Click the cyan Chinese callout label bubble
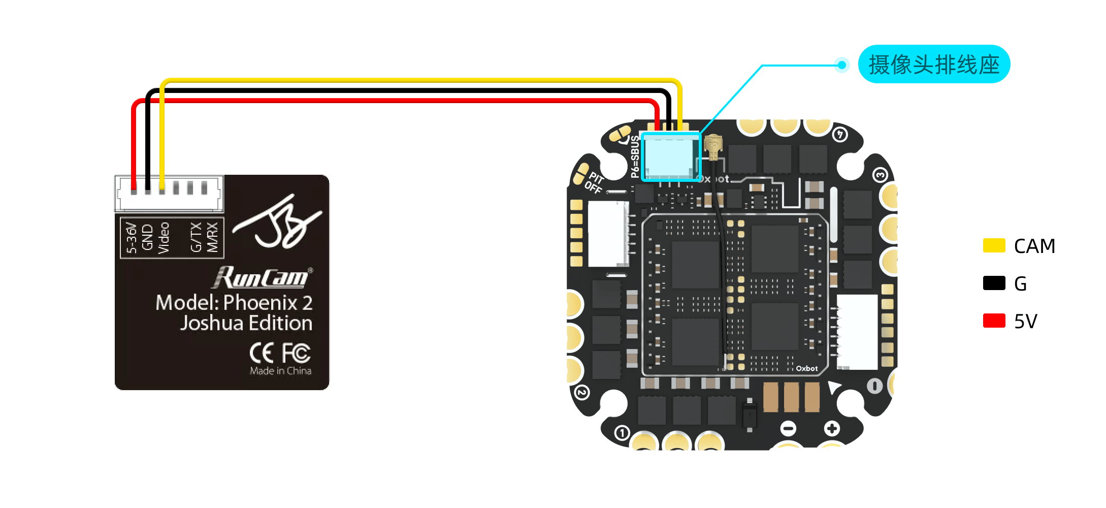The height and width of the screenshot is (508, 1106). click(933, 65)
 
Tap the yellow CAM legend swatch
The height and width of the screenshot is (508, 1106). click(994, 245)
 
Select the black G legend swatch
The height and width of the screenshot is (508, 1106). click(994, 283)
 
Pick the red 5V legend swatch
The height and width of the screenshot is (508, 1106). click(994, 321)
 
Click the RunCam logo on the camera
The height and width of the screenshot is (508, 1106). click(262, 277)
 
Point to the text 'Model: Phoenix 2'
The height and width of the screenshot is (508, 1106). click(234, 303)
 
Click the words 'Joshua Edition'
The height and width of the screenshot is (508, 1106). click(246, 323)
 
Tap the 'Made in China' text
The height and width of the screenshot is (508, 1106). click(280, 371)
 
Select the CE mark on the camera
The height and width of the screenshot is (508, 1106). click(262, 353)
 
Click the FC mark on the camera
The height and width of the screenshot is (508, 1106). click(296, 353)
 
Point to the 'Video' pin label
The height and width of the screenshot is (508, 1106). click(164, 238)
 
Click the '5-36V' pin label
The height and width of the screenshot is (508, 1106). click(132, 238)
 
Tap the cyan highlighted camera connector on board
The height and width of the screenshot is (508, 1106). click(670, 156)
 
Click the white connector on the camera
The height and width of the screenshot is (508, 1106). click(169, 193)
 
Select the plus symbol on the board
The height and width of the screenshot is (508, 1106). click(831, 428)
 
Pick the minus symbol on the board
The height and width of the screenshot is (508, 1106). click(788, 428)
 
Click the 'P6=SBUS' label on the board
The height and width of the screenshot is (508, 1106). click(635, 156)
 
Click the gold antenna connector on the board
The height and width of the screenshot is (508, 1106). click(713, 147)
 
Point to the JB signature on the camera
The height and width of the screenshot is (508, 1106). click(277, 224)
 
